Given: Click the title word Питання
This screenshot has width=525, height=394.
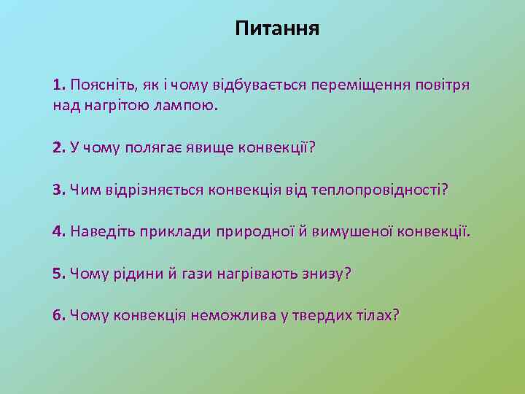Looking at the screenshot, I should [x=278, y=29].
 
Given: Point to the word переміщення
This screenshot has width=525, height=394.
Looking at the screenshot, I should [x=351, y=85].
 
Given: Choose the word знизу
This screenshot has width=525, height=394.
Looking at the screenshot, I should [x=321, y=274].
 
